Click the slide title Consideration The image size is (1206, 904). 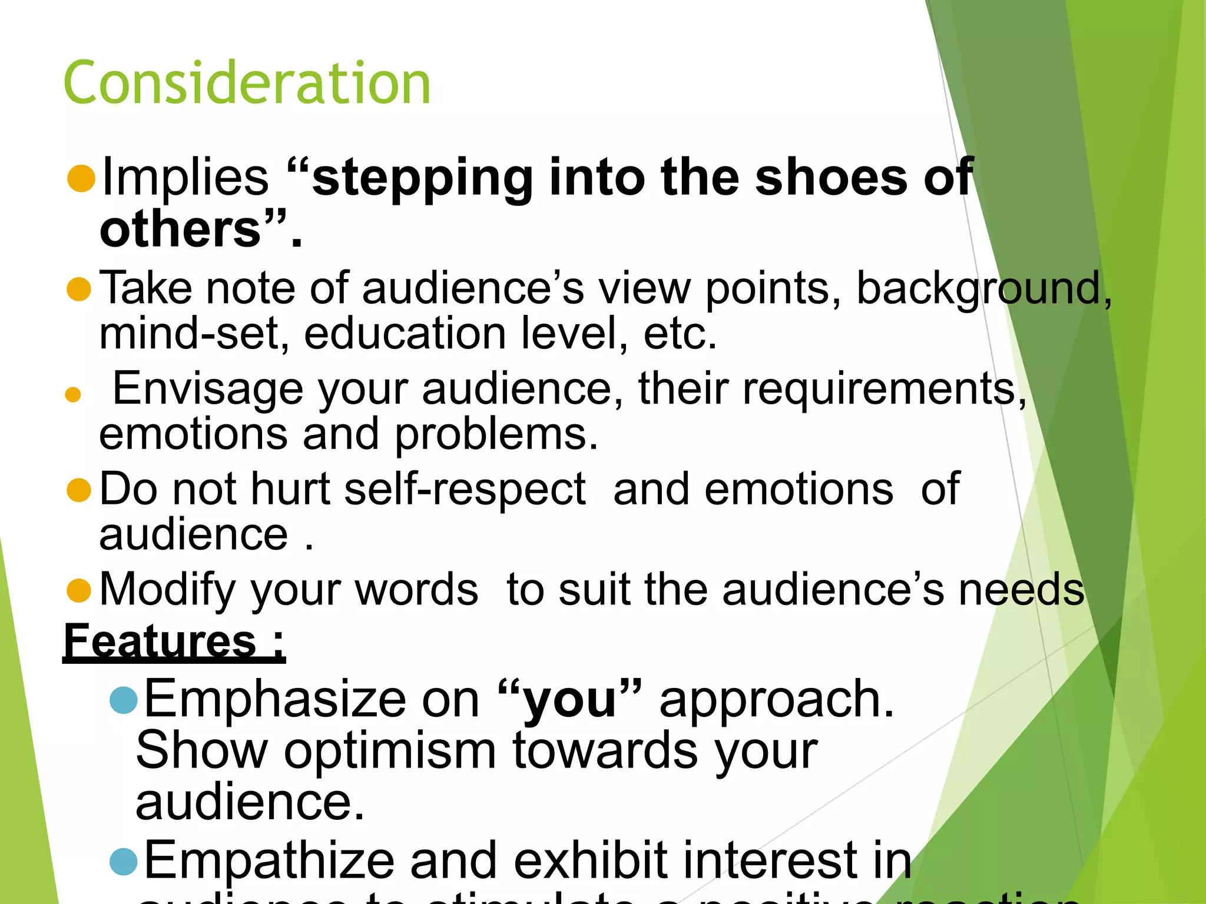pos(247,83)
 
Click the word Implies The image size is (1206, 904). pos(185,178)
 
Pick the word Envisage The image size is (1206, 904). pos(208,389)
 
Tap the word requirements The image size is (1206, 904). pos(880,390)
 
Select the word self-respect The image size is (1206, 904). pos(465,490)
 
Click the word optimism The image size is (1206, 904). pos(390,752)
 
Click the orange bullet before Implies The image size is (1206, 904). pos(81,178)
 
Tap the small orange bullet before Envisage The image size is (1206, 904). pos(73,394)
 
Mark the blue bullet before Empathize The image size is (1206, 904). pos(124,862)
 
